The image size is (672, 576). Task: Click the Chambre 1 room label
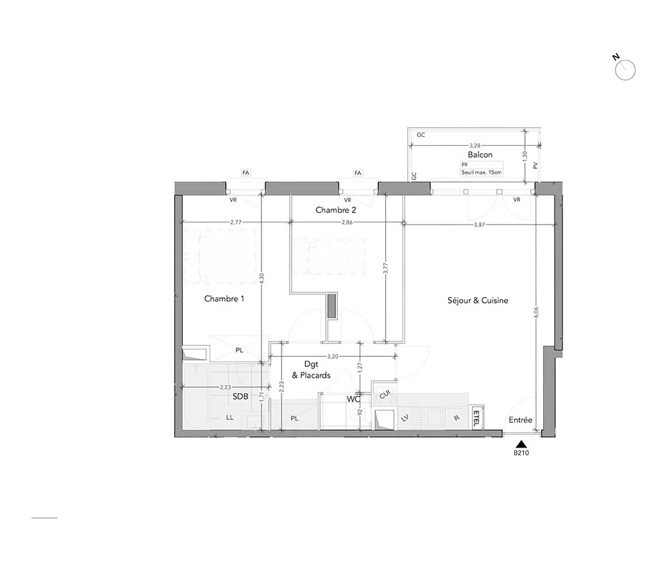point(224,298)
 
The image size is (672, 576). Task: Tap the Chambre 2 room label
point(336,210)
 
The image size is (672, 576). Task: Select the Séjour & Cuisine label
point(478,300)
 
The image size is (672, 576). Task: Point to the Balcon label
point(480,155)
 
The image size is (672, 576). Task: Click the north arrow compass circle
point(625,71)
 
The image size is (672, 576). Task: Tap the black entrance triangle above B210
point(521,444)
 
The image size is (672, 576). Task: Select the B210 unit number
point(521,452)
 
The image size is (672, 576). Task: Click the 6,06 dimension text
point(536,313)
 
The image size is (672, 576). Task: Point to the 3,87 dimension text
point(479,224)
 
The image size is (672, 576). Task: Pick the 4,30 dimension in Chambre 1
point(262,279)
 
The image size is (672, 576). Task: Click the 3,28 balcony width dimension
point(475,146)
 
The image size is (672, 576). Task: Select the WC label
point(353,399)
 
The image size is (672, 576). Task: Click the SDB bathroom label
point(241,397)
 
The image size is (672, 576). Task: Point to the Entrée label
point(520,420)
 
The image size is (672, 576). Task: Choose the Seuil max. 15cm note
point(481,173)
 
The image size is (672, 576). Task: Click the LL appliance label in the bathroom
point(230,417)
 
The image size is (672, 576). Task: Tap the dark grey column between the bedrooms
point(332,306)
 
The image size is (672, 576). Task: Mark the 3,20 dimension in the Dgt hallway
point(333,356)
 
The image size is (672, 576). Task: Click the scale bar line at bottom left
point(44,518)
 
